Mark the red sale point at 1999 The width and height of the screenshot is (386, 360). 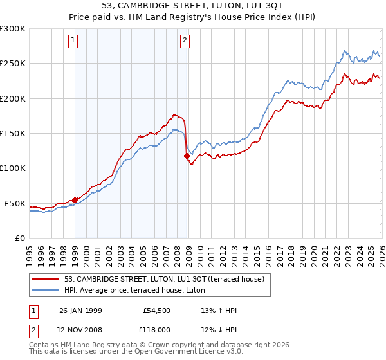click(75, 200)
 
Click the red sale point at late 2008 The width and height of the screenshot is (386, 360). click(187, 156)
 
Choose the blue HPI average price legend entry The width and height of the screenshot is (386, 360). click(134, 290)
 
